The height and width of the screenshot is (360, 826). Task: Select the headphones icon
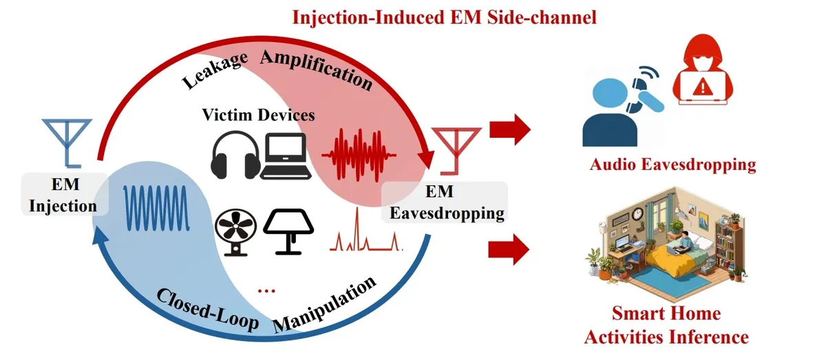coord(235,156)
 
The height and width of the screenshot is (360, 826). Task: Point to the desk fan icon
coord(236,233)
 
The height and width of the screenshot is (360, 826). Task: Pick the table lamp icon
coord(288,232)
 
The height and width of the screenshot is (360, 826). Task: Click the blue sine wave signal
coord(156,208)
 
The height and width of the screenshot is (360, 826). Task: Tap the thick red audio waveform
coord(359,155)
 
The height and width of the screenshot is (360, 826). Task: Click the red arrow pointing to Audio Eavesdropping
coord(510,129)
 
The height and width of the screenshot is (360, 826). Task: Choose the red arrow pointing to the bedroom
coord(509,249)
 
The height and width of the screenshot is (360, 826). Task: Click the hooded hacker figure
coord(703,70)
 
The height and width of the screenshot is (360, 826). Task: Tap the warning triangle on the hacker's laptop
coord(703,87)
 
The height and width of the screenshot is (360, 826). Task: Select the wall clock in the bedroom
coord(637,213)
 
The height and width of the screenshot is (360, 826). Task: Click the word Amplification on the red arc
coord(317,70)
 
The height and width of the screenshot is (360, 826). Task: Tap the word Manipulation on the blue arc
coord(324,305)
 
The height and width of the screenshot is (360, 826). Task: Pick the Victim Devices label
coord(259,115)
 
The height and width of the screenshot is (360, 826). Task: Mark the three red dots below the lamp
coord(266,291)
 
